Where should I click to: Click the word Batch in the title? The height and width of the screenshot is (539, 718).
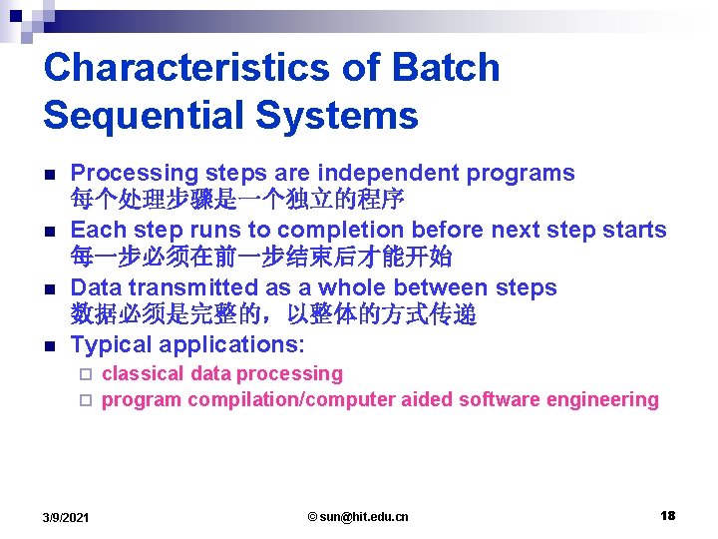click(446, 68)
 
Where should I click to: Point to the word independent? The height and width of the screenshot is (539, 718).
click(373, 173)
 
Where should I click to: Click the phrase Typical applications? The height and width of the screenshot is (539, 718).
click(187, 345)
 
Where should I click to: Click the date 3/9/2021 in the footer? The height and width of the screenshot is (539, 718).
click(66, 516)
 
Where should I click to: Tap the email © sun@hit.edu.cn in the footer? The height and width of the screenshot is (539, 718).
click(358, 516)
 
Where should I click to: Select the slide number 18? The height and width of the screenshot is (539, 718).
click(667, 515)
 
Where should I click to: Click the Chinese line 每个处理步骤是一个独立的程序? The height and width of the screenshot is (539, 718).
click(237, 200)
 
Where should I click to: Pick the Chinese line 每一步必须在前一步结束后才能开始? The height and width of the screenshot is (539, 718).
click(261, 258)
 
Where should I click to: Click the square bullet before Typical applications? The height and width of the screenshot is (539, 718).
click(52, 346)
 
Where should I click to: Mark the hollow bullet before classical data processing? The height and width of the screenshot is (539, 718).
click(86, 374)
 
